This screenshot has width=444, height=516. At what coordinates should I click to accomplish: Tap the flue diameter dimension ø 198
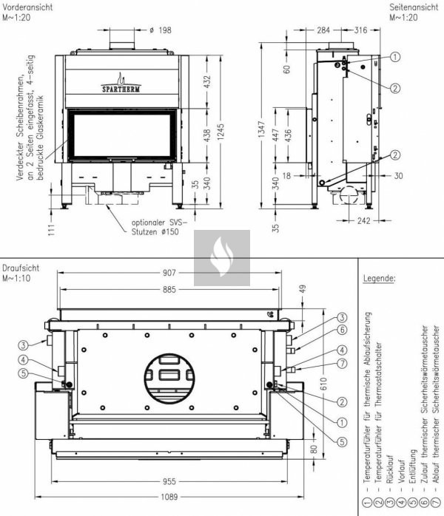160,30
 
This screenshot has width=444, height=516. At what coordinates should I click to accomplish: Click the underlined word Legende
380,279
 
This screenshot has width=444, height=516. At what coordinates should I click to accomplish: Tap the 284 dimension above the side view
323,30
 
